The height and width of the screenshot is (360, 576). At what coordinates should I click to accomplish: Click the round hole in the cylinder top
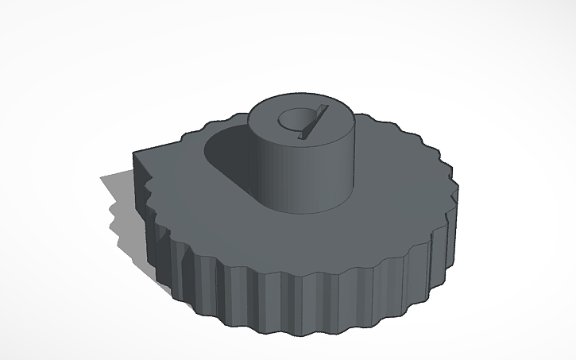292,120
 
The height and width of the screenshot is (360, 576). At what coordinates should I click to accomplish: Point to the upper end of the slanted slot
323,106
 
